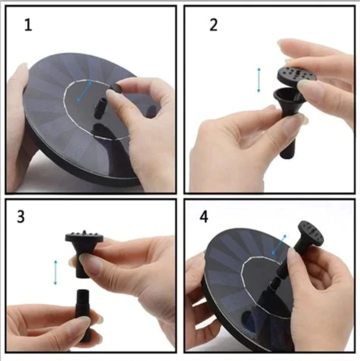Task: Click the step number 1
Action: (28, 25)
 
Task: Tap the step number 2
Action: (214, 25)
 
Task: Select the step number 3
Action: (21, 217)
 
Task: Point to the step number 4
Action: (204, 217)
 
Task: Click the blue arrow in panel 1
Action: (84, 91)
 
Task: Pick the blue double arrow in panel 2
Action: (259, 80)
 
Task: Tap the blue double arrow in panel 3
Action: (55, 273)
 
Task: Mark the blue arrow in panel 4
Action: (279, 244)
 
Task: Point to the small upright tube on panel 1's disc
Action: (101, 108)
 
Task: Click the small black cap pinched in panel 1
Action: (116, 88)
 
